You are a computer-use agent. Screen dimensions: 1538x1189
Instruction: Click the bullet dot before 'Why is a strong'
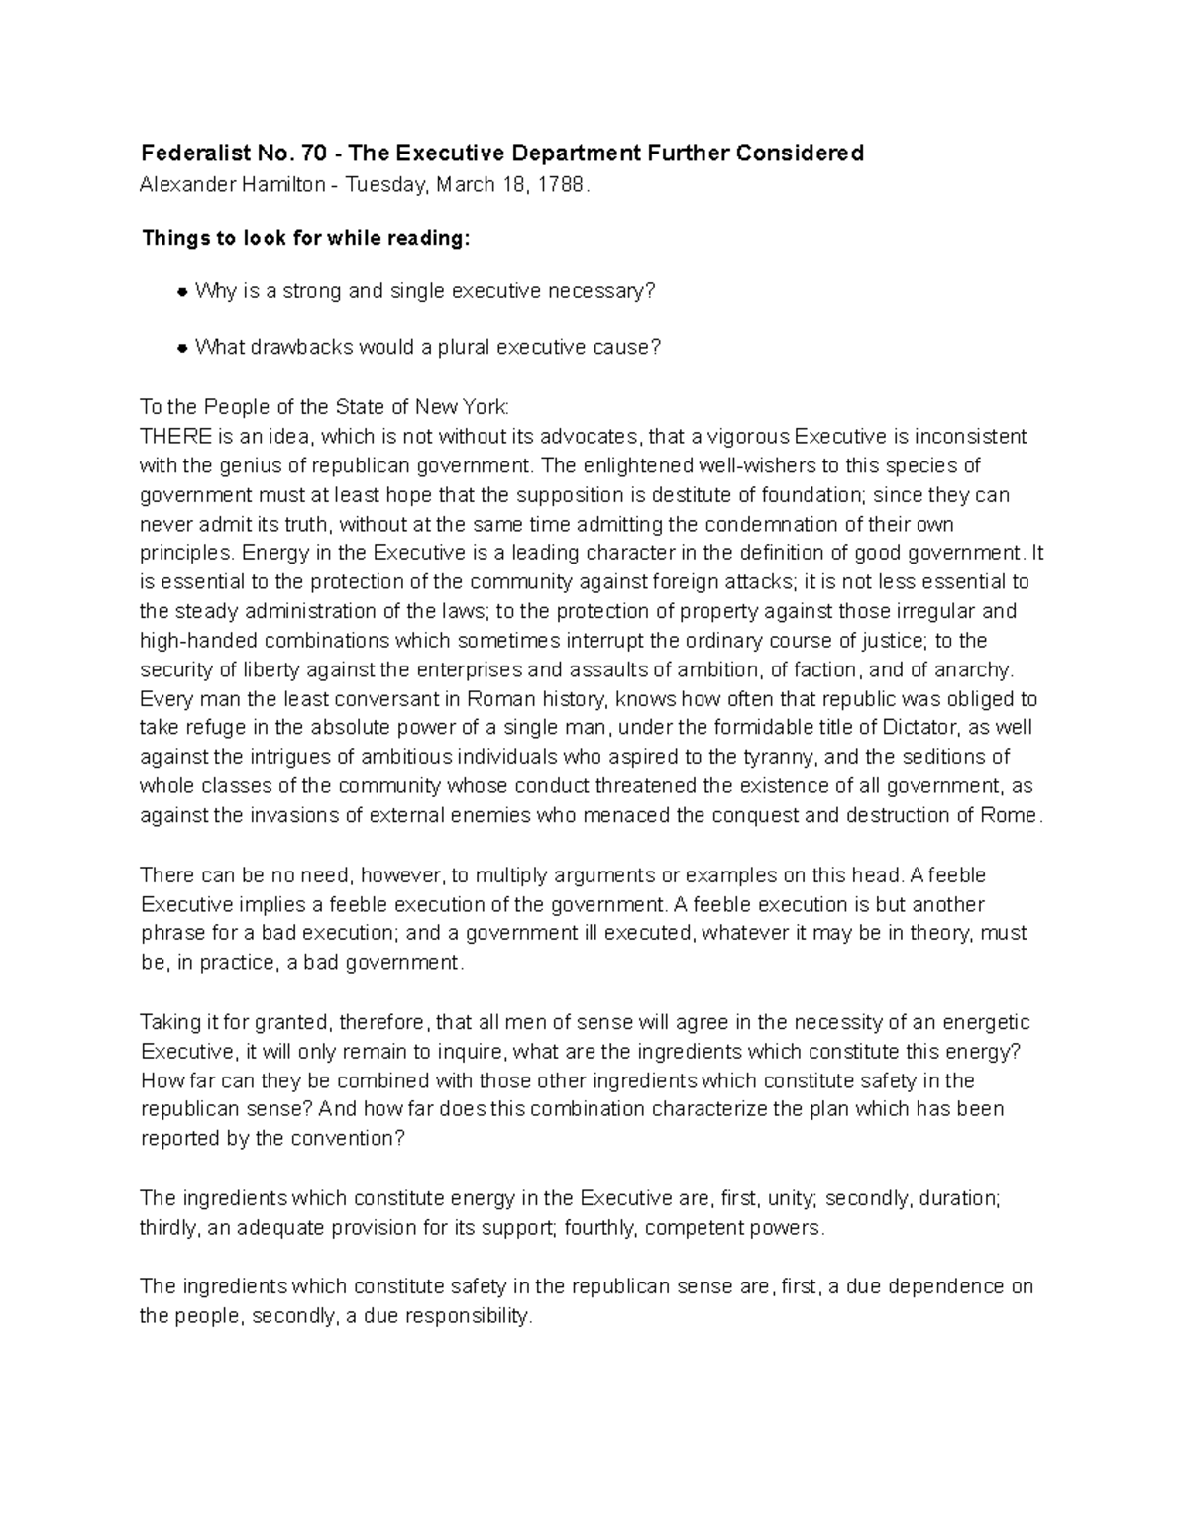point(182,292)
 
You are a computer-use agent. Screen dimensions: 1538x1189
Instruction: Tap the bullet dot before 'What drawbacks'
point(182,348)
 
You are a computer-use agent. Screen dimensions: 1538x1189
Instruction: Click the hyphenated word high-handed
point(194,640)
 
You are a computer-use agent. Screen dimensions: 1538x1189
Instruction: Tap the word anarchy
point(975,669)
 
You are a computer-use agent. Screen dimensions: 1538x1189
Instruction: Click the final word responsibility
point(468,1316)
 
